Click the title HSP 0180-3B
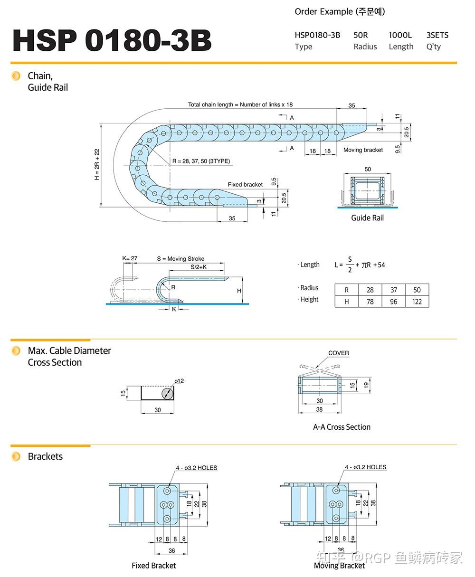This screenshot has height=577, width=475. point(112,40)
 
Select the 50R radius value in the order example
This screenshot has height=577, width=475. point(361,35)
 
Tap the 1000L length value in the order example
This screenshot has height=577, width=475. point(400,35)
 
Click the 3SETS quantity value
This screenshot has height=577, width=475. point(437,35)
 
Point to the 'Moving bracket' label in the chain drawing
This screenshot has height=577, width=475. point(363,150)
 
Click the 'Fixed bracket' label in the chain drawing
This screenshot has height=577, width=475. point(245,185)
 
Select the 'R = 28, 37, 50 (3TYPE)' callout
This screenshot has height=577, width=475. point(201,161)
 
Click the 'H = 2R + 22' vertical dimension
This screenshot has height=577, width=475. point(97,164)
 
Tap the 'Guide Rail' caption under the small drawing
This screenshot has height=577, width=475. point(367,218)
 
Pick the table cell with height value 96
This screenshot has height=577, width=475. point(393,302)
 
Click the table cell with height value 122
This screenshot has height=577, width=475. point(417,302)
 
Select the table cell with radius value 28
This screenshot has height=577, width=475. point(370,290)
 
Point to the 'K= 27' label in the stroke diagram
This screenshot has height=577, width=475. point(130,259)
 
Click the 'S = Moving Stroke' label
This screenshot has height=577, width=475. point(180,259)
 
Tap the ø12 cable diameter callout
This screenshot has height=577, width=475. point(179,381)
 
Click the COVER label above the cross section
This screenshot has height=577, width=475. point(338,353)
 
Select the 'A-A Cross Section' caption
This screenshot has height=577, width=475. point(342,427)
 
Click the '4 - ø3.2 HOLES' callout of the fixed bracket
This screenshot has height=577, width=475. point(196,468)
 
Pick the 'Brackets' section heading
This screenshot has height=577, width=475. point(45,456)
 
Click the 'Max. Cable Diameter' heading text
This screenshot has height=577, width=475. point(69,351)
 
